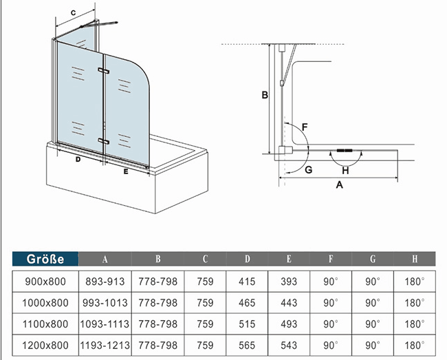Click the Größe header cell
(45, 260)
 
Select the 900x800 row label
(46, 282)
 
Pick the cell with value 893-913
(105, 282)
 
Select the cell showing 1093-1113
(105, 323)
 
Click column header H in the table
(415, 260)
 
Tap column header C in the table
(204, 260)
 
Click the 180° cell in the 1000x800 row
(415, 302)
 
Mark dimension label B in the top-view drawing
(263, 96)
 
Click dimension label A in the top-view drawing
(339, 184)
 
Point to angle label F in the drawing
(304, 127)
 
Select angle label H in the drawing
(345, 170)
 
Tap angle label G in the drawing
(309, 169)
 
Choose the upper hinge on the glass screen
(105, 72)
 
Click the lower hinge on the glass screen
(104, 140)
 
